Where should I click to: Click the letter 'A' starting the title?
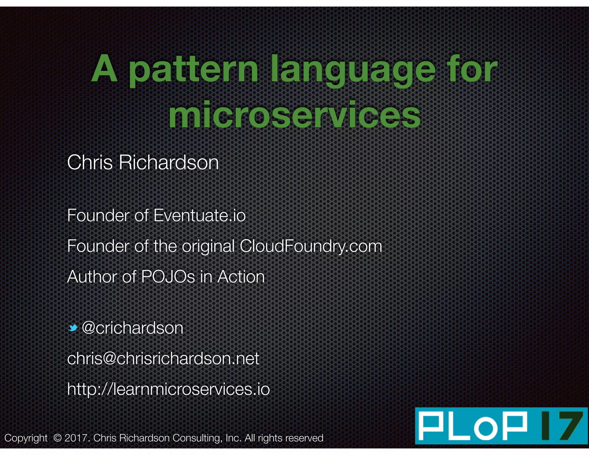tap(104, 69)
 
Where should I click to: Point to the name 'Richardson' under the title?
tap(169, 162)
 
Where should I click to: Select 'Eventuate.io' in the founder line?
tap(200, 215)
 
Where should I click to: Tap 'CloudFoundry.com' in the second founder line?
tap(311, 246)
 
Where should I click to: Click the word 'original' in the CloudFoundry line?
tap(208, 246)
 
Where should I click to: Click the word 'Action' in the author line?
tap(241, 277)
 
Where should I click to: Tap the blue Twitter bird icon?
tap(73, 328)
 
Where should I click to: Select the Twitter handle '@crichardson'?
tap(133, 328)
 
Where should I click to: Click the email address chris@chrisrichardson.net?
tap(163, 358)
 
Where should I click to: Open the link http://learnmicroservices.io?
tap(168, 389)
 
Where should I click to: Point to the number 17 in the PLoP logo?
tap(561, 426)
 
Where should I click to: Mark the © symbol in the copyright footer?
tap(58, 438)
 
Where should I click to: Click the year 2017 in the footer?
tap(75, 438)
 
